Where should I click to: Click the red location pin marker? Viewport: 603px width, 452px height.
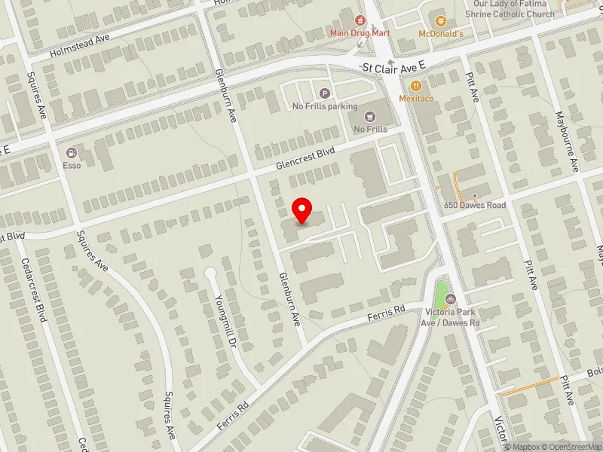[302, 210]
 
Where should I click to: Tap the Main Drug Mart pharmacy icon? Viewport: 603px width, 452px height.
[360, 18]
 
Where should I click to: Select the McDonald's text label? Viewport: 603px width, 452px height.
[441, 34]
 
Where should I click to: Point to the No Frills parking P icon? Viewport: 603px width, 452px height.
[325, 93]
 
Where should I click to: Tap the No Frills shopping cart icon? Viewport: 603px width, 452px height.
[370, 116]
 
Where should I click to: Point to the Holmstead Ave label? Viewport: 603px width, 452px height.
[80, 48]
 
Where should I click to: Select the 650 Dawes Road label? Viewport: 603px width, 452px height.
[474, 205]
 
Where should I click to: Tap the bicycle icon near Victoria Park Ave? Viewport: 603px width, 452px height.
[450, 299]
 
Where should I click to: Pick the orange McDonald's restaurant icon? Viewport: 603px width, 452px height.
[441, 20]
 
